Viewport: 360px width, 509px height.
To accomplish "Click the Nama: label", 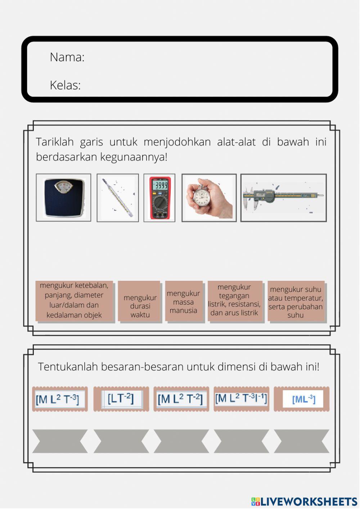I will (x=67, y=57).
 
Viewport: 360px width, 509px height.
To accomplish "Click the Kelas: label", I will (x=65, y=85).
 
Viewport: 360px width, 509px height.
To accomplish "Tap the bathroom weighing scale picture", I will (x=63, y=198).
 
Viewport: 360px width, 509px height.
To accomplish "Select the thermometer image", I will (x=118, y=198).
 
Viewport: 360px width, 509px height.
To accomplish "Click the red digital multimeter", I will (x=159, y=198).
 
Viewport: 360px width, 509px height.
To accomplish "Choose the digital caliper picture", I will (x=283, y=197).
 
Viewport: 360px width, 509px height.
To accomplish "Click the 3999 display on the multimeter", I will (x=159, y=186).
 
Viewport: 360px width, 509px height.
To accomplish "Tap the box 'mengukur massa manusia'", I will (x=183, y=302).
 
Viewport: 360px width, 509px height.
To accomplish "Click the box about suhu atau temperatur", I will (x=296, y=302).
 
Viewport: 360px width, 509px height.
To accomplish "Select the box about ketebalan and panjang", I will (x=74, y=300).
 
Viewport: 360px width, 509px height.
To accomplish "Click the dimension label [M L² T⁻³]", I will (x=60, y=399).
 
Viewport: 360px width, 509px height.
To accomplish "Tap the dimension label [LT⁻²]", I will (x=121, y=398).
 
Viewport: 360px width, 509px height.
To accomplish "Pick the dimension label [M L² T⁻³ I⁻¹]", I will (x=241, y=398).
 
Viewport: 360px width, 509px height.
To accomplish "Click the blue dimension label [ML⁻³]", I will (x=303, y=399).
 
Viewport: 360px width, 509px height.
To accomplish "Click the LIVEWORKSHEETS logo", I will (x=304, y=501).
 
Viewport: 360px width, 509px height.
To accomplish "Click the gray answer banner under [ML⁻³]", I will (x=302, y=441).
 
